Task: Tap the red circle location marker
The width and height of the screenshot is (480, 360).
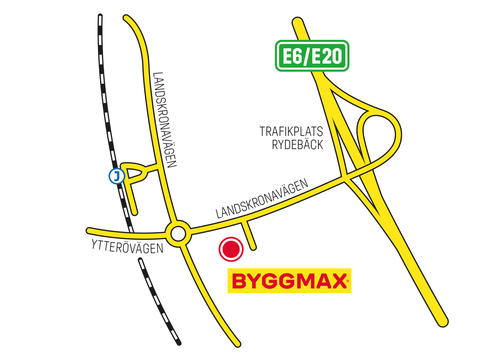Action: coord(232,251)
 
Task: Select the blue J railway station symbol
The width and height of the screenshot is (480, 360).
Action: coord(116,176)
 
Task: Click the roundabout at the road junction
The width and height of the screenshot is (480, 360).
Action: coord(179,235)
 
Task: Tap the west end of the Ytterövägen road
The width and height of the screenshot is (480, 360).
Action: coord(92,230)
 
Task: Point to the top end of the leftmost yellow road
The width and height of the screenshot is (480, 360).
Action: coord(128,20)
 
